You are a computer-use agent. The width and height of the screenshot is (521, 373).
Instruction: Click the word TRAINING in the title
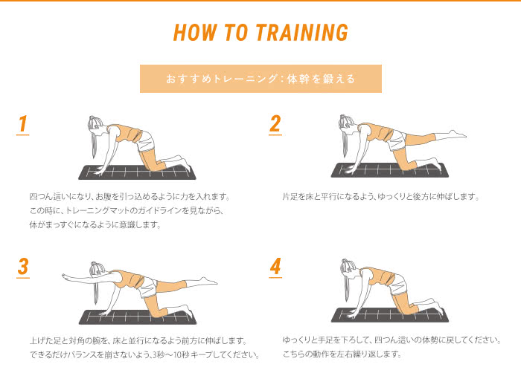pos(301,33)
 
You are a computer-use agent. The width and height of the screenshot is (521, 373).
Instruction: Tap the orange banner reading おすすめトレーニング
pos(260,79)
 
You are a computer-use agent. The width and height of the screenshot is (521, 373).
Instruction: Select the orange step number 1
pos(22,124)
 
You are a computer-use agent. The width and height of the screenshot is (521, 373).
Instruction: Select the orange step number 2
pos(275,124)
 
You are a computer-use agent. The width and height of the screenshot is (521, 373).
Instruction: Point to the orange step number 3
pos(23,267)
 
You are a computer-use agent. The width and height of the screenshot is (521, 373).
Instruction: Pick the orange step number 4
pos(275,267)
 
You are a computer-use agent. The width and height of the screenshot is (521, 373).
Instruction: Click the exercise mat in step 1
pos(137,172)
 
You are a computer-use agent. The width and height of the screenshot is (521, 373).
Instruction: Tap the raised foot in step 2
pos(457,134)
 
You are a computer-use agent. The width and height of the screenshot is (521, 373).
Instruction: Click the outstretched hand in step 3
pos(66,276)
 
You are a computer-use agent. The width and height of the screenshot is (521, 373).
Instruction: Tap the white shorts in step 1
pos(146,142)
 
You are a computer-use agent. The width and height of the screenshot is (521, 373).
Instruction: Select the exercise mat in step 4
pos(390,315)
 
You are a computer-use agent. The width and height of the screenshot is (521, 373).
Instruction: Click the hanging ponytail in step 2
pos(345,143)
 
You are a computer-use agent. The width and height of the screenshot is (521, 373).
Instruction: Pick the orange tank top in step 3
pos(131,279)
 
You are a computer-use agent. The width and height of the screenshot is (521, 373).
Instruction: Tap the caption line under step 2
pos(381,197)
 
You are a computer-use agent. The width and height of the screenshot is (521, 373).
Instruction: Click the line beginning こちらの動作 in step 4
pos(342,354)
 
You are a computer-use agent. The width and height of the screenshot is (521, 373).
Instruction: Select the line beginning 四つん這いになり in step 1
pos(130,196)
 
